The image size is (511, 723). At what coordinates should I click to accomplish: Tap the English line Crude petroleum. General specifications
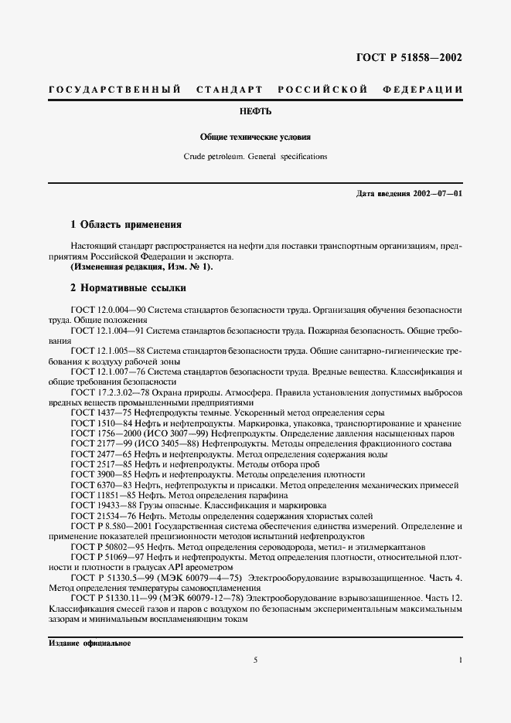[x=255, y=156]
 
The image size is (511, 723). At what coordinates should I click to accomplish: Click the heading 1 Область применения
[x=125, y=225]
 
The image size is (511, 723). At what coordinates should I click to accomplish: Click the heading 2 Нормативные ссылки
[x=128, y=288]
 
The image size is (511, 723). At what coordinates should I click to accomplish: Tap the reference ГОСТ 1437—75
[x=100, y=414]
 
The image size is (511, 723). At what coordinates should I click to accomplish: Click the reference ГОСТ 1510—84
[x=100, y=425]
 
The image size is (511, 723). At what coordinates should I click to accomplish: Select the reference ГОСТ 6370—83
[x=100, y=485]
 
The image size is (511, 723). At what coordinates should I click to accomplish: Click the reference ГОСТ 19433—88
[x=102, y=506]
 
